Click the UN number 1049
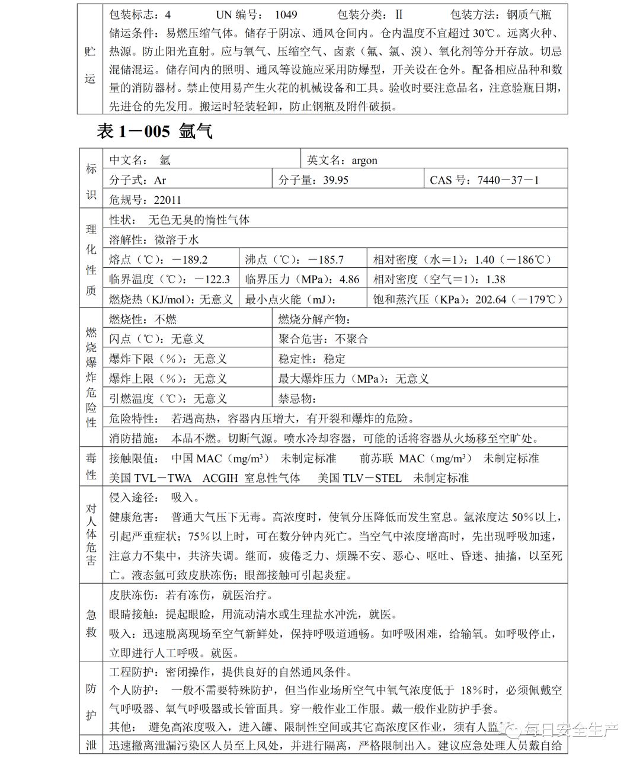click(x=286, y=14)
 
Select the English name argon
click(x=364, y=160)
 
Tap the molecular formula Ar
click(x=160, y=180)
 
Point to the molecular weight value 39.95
click(x=335, y=180)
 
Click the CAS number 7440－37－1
click(x=508, y=180)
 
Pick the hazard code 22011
click(x=167, y=200)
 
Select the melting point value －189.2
click(x=190, y=260)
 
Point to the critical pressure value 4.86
click(x=349, y=279)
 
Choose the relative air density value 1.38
click(x=495, y=279)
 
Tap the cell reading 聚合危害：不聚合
click(x=323, y=339)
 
